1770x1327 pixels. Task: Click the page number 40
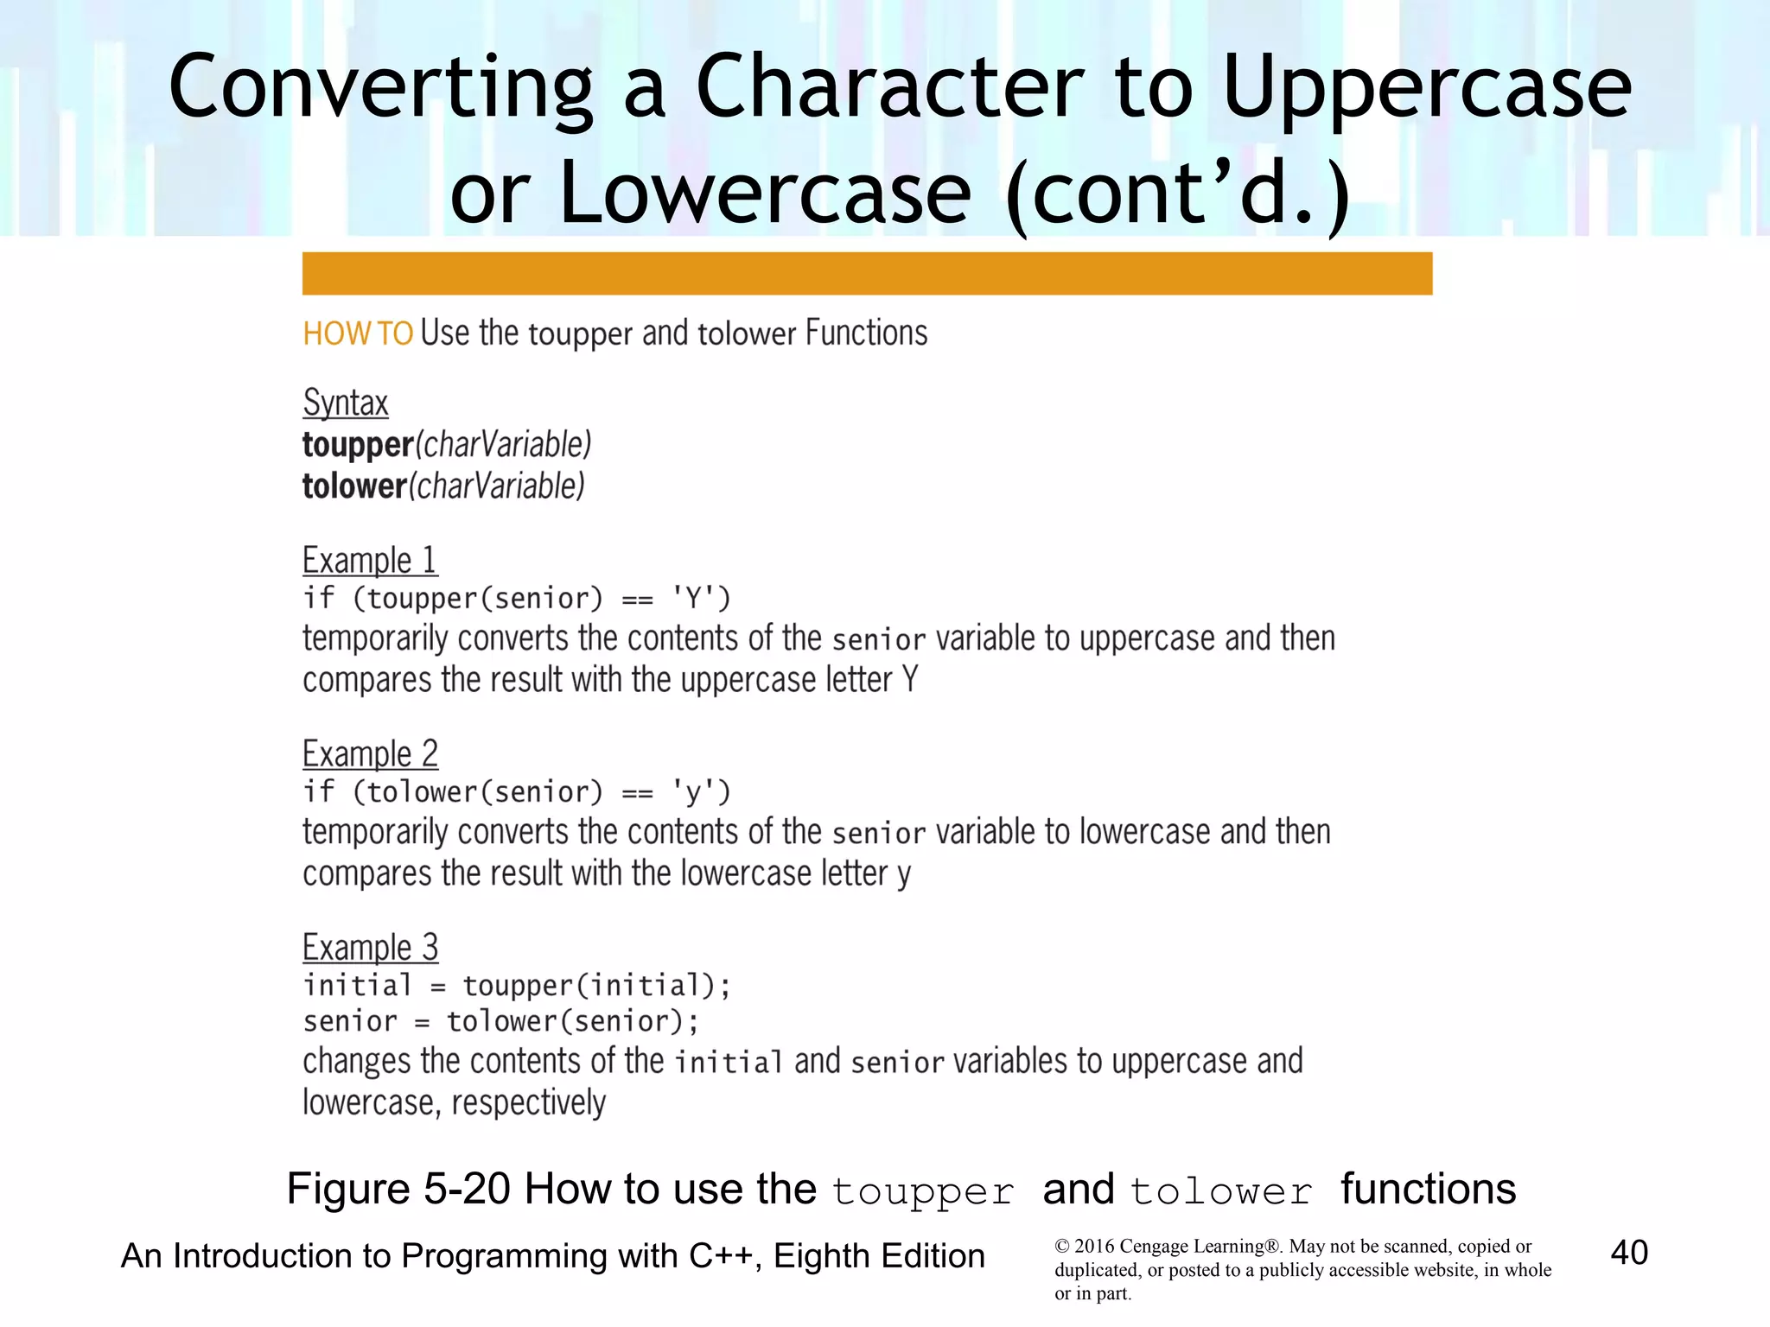click(1629, 1252)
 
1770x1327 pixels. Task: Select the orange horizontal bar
click(867, 274)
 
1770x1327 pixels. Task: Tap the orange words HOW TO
click(358, 333)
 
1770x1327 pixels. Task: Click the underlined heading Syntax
click(346, 403)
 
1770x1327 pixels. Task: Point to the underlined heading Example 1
click(370, 560)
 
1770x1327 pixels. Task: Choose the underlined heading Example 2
click(370, 753)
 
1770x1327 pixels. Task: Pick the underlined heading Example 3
click(370, 947)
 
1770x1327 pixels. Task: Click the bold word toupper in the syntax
click(358, 445)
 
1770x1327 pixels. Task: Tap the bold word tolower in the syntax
click(354, 486)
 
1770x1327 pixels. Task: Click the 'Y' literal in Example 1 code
click(692, 598)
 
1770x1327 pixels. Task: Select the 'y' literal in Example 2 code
click(692, 792)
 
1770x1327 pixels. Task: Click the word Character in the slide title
click(889, 86)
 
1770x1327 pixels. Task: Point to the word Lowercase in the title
click(766, 192)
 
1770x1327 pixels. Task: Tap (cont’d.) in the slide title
click(1178, 192)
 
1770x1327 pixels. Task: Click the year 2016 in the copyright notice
click(1094, 1246)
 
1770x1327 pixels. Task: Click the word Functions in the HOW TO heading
click(866, 333)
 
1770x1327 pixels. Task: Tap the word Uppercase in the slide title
click(1427, 86)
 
